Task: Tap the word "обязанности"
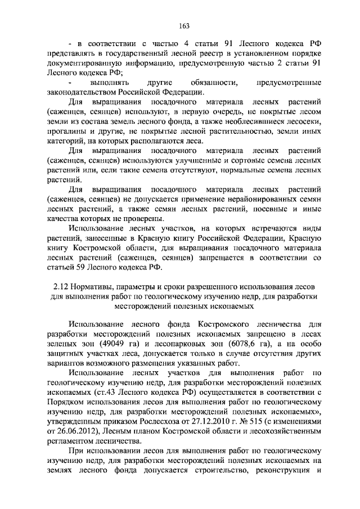(x=209, y=82)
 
